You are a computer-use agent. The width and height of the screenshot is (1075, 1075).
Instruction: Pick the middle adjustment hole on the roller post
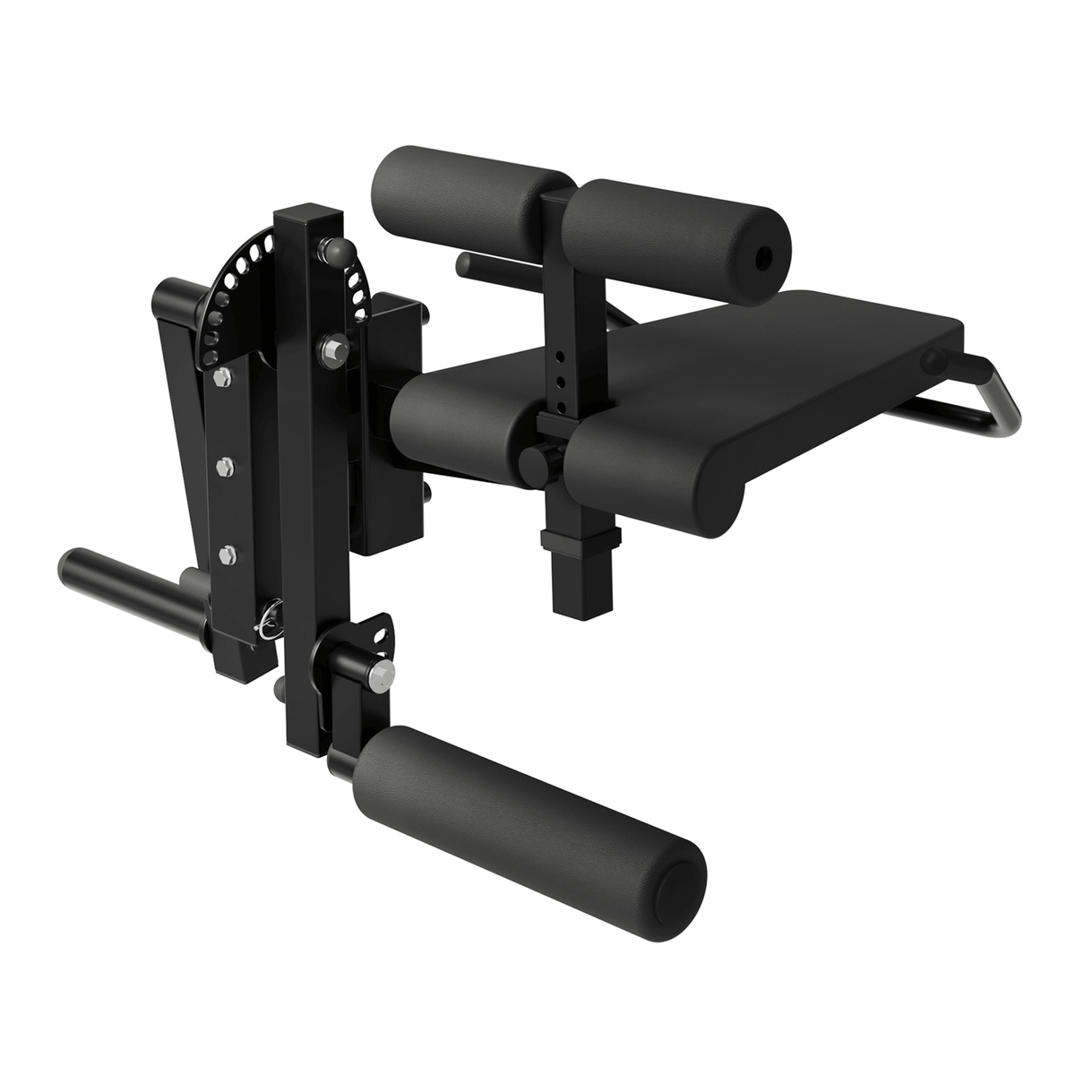pos(558,381)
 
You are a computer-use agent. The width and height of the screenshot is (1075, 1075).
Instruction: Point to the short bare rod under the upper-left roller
pos(488,265)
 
